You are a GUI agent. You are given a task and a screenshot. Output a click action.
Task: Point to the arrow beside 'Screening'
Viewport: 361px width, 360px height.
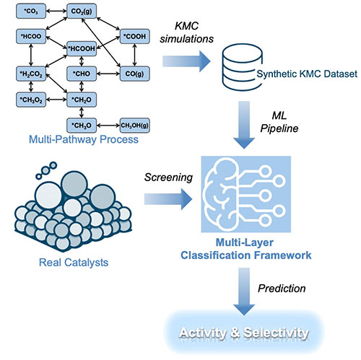pyautogui.click(x=172, y=196)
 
